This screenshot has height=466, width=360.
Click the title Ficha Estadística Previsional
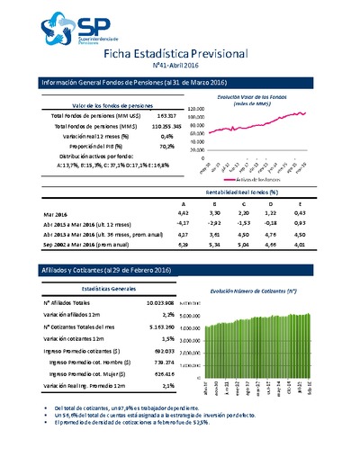pos(179,56)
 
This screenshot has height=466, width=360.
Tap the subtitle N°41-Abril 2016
pos(180,69)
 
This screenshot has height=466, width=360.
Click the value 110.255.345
pos(158,127)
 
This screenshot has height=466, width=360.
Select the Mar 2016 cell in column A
pos(184,213)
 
